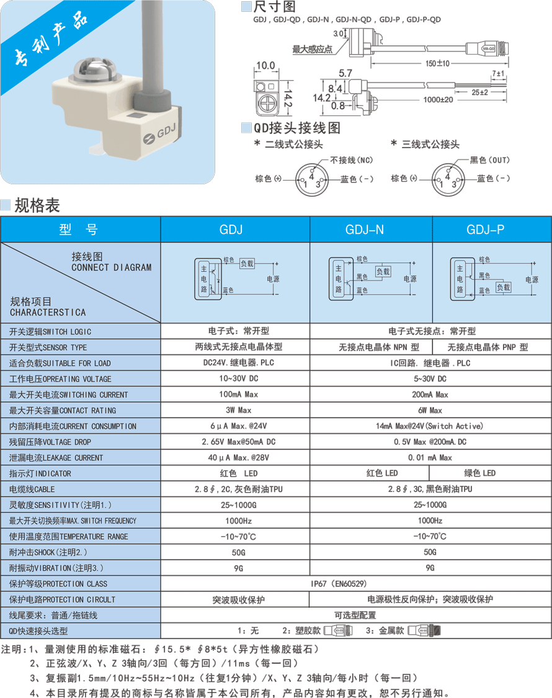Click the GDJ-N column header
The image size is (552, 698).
click(364, 229)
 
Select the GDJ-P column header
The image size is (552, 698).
click(485, 229)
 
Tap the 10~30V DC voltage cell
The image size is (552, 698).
click(239, 378)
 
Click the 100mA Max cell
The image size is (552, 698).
click(239, 395)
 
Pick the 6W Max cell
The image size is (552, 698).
click(430, 411)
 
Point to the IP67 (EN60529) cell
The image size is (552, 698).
click(338, 584)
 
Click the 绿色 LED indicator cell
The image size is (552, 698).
click(479, 473)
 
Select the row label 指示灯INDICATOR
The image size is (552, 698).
click(40, 473)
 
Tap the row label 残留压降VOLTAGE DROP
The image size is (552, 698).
click(50, 442)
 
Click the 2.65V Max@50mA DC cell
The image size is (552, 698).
click(239, 442)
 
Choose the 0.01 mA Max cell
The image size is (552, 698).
click(430, 458)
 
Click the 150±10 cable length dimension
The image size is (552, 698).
click(437, 63)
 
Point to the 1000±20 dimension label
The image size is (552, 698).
click(438, 100)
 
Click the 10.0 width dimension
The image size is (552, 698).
click(265, 65)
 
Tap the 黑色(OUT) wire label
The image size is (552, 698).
click(490, 160)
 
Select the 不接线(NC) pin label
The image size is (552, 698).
click(351, 160)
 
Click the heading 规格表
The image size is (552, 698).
click(37, 205)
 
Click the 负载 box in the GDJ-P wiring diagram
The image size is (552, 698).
click(504, 287)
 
